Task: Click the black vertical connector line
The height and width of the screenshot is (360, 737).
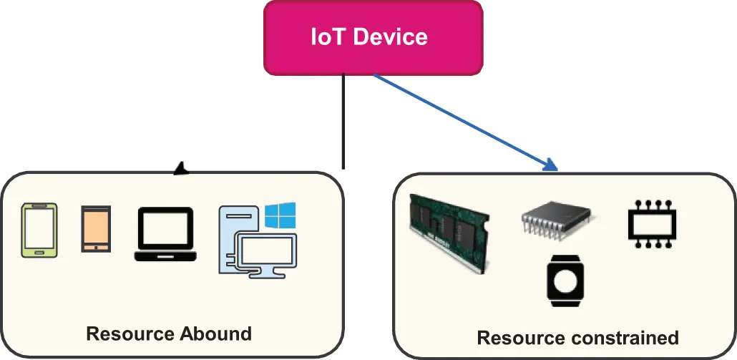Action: (x=344, y=122)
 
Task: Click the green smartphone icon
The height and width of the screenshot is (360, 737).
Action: (x=40, y=230)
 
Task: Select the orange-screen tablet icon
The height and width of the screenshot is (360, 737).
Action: (x=95, y=229)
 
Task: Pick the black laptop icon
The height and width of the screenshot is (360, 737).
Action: (x=165, y=234)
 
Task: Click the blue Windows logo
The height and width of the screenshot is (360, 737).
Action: (x=280, y=215)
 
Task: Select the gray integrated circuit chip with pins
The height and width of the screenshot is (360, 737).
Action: (x=557, y=219)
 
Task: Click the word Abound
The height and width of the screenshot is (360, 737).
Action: (x=216, y=334)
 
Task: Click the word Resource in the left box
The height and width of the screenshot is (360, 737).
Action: (x=130, y=334)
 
